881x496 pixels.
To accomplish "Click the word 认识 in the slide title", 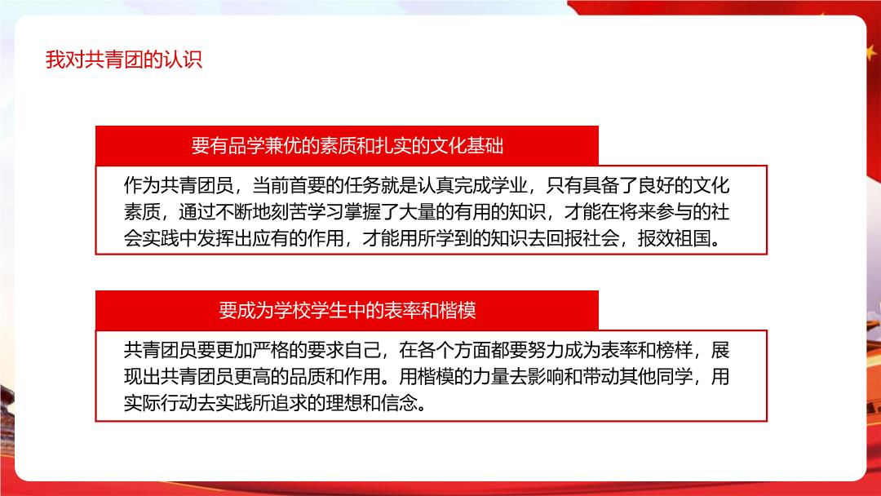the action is tap(184, 59).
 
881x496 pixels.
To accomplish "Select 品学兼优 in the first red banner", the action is tap(264, 145).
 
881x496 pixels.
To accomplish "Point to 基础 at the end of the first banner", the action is tap(485, 145).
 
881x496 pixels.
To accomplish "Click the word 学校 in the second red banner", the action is tap(292, 310).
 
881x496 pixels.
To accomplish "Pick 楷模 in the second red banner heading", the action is tap(458, 310).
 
